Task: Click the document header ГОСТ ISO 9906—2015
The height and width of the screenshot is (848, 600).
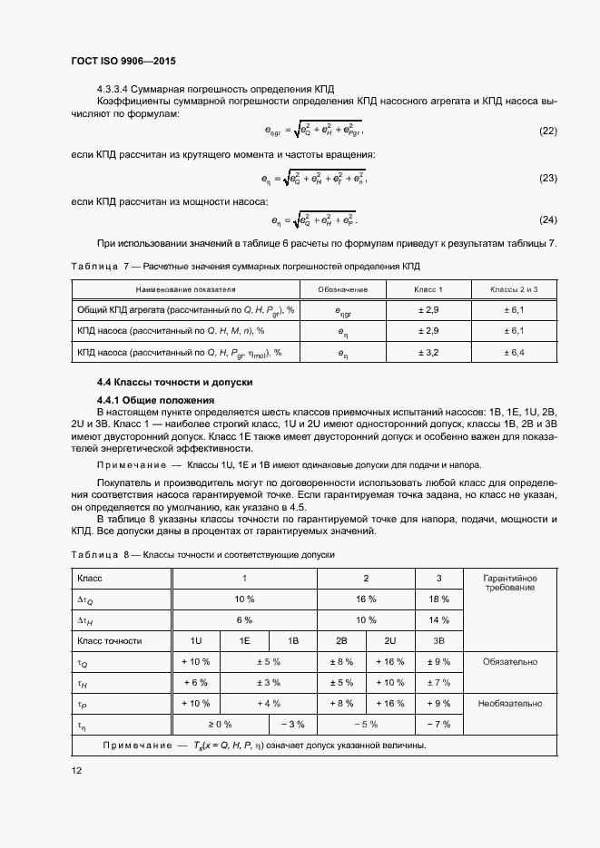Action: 123,62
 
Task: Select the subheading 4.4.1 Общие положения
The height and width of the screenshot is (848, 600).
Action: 155,400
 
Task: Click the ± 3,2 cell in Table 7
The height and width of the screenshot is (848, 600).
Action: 428,352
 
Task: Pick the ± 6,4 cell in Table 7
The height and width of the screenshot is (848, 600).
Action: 515,352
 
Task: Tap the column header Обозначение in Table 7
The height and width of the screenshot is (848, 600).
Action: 342,289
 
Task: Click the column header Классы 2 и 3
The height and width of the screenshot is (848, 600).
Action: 515,289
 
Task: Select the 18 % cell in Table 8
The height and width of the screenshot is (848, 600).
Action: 438,599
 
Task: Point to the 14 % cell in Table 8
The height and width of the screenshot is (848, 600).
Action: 438,620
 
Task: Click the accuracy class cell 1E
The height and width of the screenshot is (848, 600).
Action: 245,641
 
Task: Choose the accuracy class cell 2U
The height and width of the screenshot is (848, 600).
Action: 390,641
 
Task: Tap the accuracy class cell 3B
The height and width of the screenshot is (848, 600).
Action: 438,641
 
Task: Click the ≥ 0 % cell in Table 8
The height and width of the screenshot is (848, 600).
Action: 221,724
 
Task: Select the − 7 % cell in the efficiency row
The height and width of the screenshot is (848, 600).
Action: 438,724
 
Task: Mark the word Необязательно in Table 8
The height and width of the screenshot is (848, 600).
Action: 510,703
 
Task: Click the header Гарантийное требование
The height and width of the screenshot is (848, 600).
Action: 510,583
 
